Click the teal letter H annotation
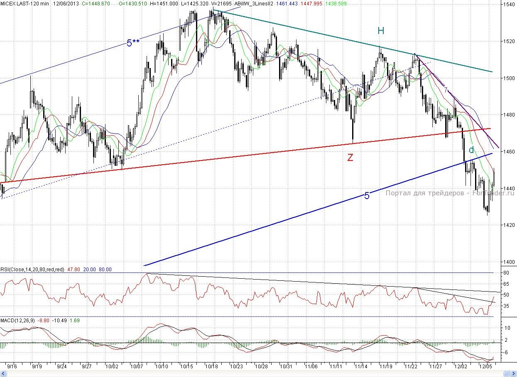click(381, 30)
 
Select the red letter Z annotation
click(350, 157)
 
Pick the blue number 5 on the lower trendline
click(367, 196)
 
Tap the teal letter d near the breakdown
click(471, 150)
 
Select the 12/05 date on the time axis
click(486, 367)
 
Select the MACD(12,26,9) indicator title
click(18, 320)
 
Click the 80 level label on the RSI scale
click(506, 272)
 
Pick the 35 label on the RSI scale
click(506, 306)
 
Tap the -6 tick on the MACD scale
click(506, 352)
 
